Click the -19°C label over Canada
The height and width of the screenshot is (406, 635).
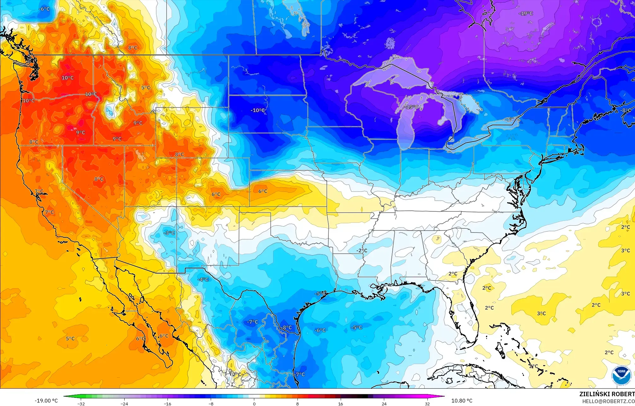click(x=526, y=14)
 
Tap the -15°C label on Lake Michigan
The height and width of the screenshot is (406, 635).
click(x=411, y=107)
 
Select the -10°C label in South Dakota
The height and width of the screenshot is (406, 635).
click(x=258, y=110)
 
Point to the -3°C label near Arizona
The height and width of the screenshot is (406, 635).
click(x=169, y=233)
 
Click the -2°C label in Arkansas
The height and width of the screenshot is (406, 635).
click(x=362, y=251)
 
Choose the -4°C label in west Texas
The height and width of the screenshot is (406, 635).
click(x=203, y=279)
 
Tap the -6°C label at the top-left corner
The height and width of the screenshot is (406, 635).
click(x=44, y=9)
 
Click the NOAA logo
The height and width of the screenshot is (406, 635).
click(x=621, y=375)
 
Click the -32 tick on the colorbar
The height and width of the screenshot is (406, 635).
click(x=81, y=403)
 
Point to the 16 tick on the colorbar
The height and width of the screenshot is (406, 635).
click(x=340, y=403)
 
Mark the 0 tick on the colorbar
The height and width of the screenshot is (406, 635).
click(x=254, y=403)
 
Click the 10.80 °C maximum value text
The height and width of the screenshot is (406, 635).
click(x=462, y=401)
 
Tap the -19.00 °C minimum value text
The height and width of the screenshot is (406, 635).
click(x=46, y=401)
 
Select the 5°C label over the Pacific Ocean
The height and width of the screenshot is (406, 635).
click(x=70, y=339)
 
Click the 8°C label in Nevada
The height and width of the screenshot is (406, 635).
click(x=99, y=179)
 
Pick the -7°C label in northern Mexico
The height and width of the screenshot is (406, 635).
click(x=252, y=322)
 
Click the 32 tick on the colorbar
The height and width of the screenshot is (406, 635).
click(x=427, y=403)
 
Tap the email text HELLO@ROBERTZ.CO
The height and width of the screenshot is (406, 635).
click(x=608, y=401)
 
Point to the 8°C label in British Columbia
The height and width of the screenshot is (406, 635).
click(x=133, y=48)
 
